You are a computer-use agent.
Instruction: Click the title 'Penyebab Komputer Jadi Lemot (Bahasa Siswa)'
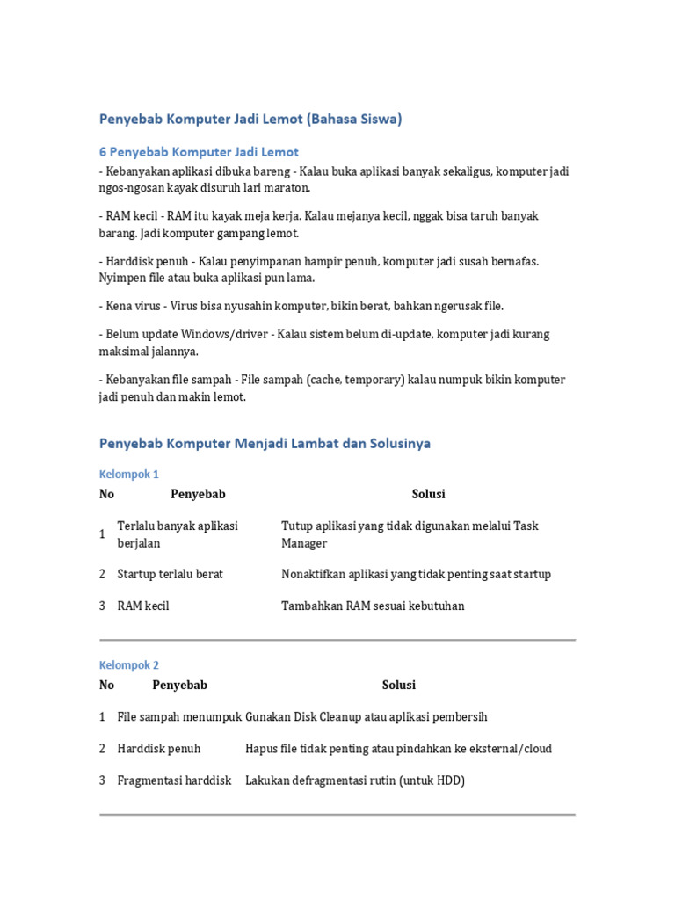point(250,120)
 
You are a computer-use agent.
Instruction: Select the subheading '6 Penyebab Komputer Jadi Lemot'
point(199,152)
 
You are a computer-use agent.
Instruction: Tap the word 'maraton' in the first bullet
point(287,188)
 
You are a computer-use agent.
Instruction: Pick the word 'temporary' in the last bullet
point(375,380)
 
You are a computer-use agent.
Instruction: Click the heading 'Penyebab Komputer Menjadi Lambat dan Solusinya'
point(265,444)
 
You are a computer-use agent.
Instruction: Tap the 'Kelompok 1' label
point(128,475)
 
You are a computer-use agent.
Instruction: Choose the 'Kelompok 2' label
point(128,665)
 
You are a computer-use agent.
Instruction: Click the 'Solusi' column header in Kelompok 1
point(428,494)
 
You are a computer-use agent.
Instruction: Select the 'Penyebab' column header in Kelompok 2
point(179,685)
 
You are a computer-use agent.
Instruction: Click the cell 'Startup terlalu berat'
point(171,574)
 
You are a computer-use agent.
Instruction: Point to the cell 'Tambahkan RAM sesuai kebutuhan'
point(373,606)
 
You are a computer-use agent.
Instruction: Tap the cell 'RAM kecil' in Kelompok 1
point(143,606)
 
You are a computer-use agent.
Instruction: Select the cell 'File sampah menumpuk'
point(179,717)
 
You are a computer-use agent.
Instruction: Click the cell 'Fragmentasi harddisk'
point(174,780)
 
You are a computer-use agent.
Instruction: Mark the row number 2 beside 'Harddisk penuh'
point(103,749)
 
